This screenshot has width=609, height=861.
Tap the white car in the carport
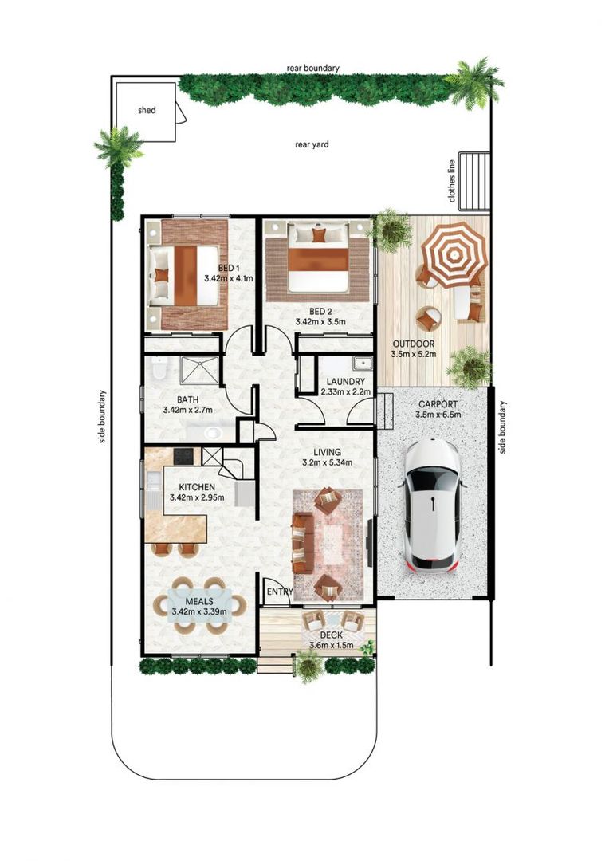coord(431,505)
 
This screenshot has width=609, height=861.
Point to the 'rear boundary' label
coord(312,69)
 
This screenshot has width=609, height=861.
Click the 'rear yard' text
coord(312,144)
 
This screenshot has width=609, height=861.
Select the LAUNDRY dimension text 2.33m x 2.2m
coord(343,392)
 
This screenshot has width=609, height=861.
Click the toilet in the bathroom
coord(159,371)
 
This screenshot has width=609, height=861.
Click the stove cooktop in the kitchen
coord(183,456)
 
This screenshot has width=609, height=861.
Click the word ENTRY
coord(279,592)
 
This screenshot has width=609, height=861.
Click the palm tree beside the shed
coord(118,148)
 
